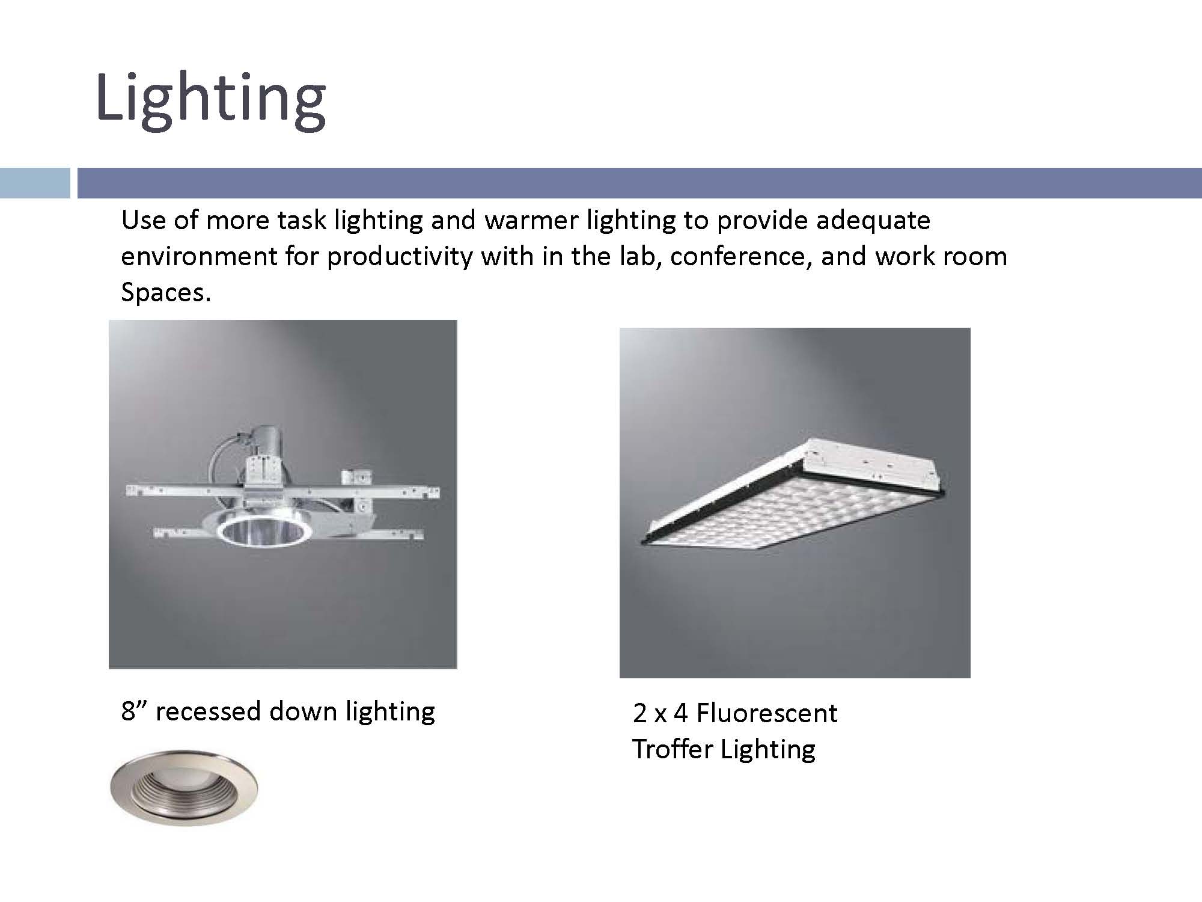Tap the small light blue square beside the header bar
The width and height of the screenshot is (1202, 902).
click(35, 183)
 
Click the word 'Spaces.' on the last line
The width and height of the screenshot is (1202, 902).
click(166, 292)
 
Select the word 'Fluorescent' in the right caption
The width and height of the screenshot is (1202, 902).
click(766, 714)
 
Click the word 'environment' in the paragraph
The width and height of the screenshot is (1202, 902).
click(199, 257)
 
